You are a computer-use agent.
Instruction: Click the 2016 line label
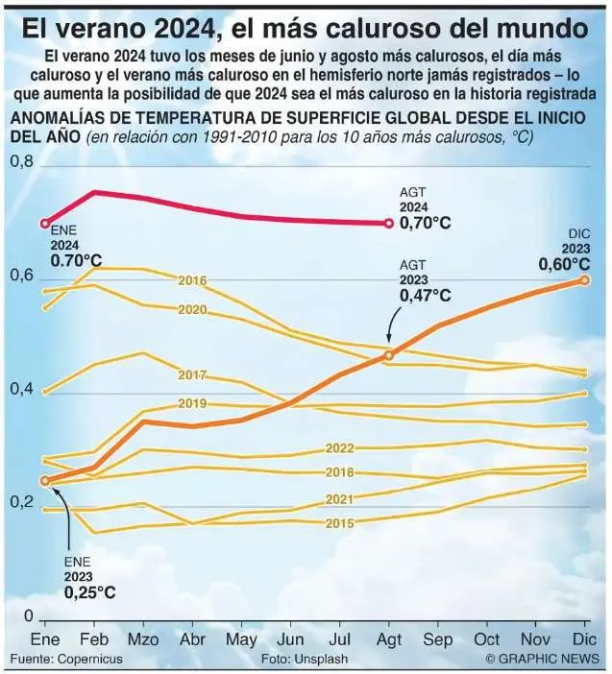click(x=192, y=280)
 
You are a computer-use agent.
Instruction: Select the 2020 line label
click(x=192, y=310)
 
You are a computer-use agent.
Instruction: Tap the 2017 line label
click(x=192, y=374)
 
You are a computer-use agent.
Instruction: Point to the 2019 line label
click(x=192, y=403)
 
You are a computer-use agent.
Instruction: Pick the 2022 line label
click(x=340, y=448)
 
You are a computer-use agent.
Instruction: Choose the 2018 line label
click(x=340, y=472)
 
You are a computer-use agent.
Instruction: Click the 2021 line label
click(x=340, y=499)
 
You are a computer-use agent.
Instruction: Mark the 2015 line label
click(x=340, y=523)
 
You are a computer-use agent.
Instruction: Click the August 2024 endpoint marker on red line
click(x=388, y=224)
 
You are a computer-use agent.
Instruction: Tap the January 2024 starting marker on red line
click(x=44, y=223)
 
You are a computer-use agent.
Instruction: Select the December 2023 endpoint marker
click(x=584, y=279)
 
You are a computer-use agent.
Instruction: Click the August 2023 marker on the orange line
click(x=389, y=355)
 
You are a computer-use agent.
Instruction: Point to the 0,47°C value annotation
click(x=425, y=297)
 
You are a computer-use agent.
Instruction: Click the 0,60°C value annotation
click(x=564, y=264)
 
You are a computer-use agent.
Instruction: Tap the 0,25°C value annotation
click(x=89, y=592)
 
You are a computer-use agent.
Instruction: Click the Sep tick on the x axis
click(x=438, y=639)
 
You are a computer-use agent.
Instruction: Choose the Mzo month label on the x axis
click(x=143, y=639)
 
